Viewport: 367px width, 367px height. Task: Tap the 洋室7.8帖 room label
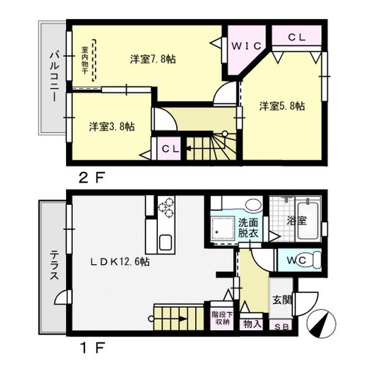[x=154, y=59]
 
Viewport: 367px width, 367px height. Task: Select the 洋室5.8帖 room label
[x=282, y=106]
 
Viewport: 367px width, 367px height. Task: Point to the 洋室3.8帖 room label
[x=112, y=127]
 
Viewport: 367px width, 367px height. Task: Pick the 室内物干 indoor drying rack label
[x=84, y=60]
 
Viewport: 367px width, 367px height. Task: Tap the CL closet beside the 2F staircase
[x=166, y=149]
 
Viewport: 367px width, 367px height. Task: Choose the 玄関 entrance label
[x=282, y=300]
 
